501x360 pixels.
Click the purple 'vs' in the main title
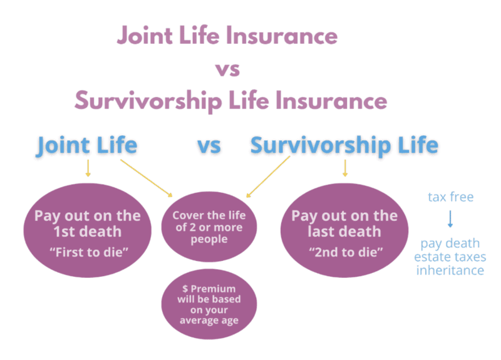point(227,68)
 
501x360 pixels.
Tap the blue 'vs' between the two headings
point(209,146)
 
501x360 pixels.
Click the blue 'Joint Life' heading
point(87,145)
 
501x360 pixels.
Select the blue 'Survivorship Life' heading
point(344,145)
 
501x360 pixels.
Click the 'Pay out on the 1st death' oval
point(87,231)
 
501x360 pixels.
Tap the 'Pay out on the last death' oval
point(344,231)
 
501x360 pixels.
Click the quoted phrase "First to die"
point(87,252)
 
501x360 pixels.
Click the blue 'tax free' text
point(450,197)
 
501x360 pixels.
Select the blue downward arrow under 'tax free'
point(450,220)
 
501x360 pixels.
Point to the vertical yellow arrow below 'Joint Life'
point(88,168)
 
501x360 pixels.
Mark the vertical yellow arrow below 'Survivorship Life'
point(344,168)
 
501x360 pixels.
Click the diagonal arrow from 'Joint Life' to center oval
point(148,178)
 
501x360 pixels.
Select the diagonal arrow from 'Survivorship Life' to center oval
point(270,177)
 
